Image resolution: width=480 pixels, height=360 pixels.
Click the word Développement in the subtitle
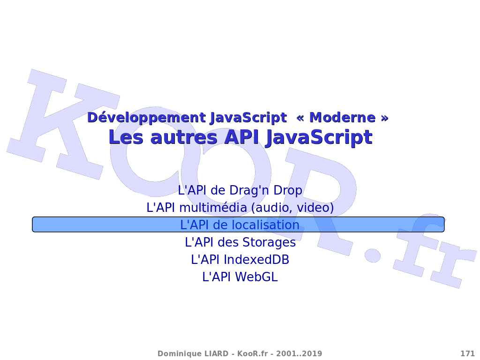146,118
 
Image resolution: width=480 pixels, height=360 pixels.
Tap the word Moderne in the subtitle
342,118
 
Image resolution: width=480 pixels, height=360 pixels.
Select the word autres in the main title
184,137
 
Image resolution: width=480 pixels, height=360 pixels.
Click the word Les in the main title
126,137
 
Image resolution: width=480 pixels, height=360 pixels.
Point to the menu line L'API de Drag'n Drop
240,190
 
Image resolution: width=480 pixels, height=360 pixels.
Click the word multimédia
213,208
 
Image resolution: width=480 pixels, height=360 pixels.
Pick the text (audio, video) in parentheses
292,208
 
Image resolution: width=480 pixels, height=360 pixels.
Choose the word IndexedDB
256,260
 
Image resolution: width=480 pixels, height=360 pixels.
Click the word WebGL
256,277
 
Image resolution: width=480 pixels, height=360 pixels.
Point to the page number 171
467,354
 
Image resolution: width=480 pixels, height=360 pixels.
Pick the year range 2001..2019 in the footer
299,354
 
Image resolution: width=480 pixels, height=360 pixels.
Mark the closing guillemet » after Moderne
384,118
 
